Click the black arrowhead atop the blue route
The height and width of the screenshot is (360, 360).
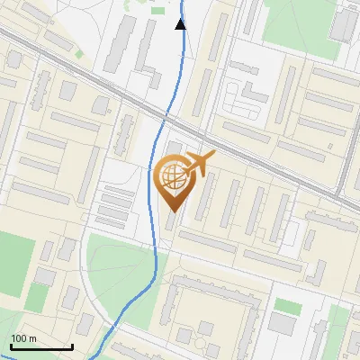pyautogui.click(x=181, y=24)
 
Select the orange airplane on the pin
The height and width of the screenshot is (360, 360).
pyautogui.click(x=199, y=165)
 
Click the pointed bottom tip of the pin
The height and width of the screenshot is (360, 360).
pyautogui.click(x=173, y=212)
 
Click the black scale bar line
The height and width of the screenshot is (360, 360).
pyautogui.click(x=41, y=346)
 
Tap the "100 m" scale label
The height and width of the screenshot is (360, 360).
pyautogui.click(x=23, y=338)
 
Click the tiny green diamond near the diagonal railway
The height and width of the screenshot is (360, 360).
pyautogui.click(x=79, y=53)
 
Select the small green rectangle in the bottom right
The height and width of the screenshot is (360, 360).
pyautogui.click(x=287, y=306)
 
